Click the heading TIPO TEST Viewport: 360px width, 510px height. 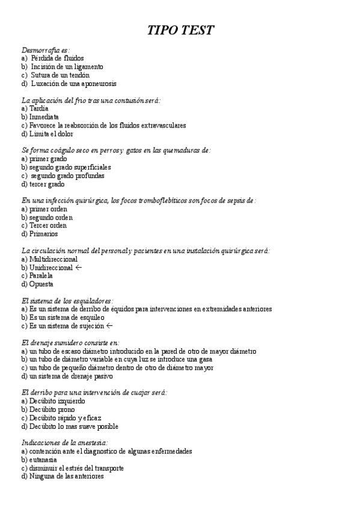click(181, 31)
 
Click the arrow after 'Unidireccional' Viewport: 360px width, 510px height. click(78, 267)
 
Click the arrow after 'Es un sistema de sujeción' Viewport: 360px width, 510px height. click(109, 325)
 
